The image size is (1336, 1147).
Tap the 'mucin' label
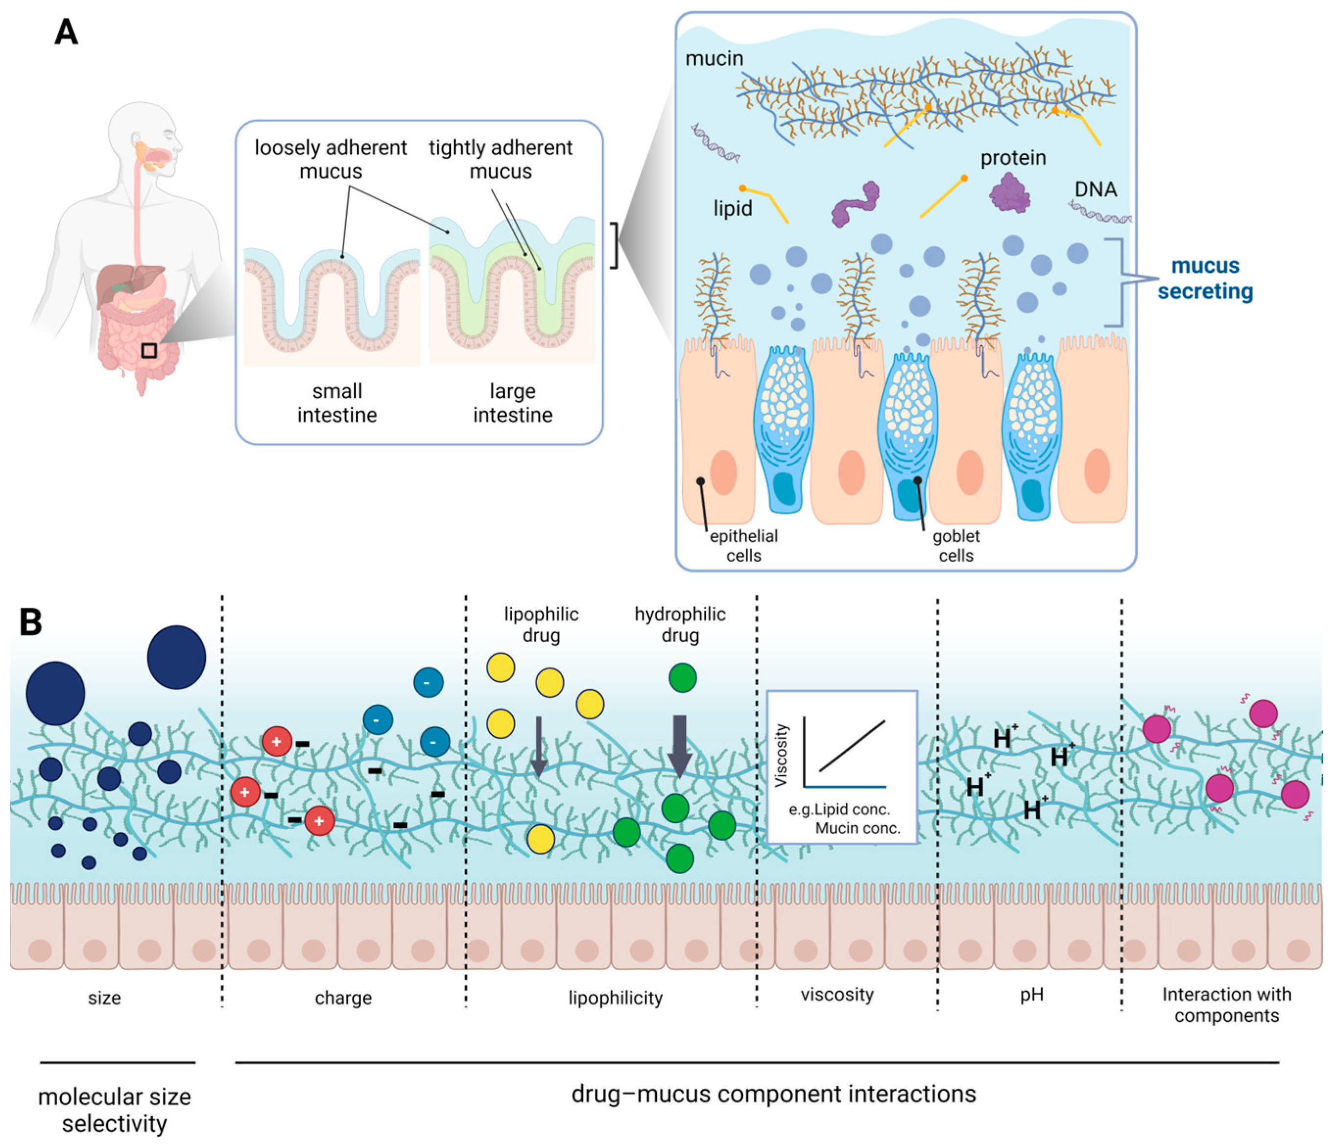point(714,59)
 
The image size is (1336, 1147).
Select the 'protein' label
point(1012,158)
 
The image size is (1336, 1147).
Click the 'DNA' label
point(1096,189)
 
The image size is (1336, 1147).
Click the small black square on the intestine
point(149,350)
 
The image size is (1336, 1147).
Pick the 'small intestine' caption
point(336,403)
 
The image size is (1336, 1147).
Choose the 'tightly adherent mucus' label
point(501,159)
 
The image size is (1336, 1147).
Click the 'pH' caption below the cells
point(1032,994)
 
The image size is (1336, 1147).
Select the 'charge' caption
point(343,998)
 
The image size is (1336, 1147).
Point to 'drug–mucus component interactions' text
point(773,1094)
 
